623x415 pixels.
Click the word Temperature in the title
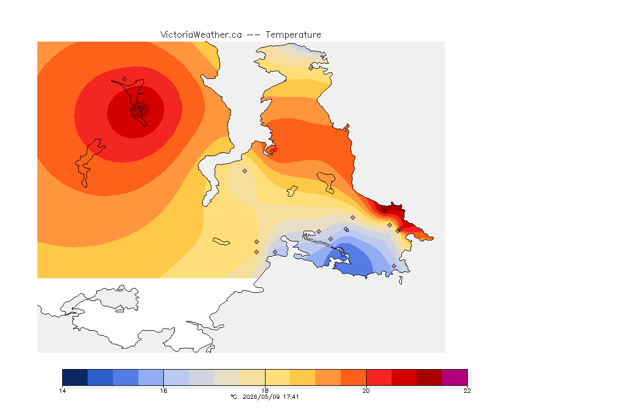coord(293,35)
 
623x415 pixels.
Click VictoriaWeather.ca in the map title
coord(201,35)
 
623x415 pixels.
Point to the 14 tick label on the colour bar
coord(62,391)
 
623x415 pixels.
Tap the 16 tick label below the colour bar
coord(164,391)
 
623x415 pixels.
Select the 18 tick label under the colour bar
coord(265,391)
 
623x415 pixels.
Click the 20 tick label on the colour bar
coord(366,391)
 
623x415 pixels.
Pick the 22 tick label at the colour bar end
coord(467,391)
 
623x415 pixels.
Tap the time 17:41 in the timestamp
coord(290,397)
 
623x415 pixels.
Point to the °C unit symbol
coord(234,397)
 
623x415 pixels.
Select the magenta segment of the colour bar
coord(454,377)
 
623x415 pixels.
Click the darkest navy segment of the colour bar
coord(75,377)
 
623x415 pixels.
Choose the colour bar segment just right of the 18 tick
coord(278,377)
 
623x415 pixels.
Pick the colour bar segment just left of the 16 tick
coord(151,377)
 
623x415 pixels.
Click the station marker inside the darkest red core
coord(141,109)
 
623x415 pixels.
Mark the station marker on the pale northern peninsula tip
coord(311,68)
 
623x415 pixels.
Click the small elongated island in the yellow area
coord(221,242)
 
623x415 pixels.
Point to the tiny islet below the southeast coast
coord(401,280)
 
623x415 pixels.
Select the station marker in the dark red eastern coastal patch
coord(383,211)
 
